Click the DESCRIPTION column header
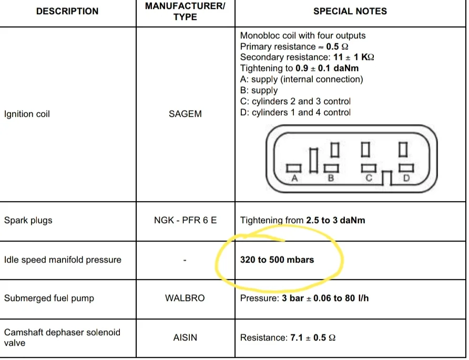tap(67, 11)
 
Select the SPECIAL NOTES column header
tap(350, 11)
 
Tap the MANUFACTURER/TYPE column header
tap(185, 11)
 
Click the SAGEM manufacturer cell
tap(185, 114)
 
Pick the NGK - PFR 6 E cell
tap(185, 220)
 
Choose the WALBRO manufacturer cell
tap(185, 298)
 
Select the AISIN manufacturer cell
tap(185, 337)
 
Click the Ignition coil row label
tap(27, 114)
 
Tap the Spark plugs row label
tap(28, 221)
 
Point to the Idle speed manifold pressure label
tap(63, 259)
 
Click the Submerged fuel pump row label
tap(49, 298)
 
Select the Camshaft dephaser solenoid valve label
tap(62, 337)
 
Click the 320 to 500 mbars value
tap(277, 259)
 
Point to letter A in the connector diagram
tap(294, 178)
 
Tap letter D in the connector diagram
tap(406, 178)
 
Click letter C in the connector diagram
tap(369, 178)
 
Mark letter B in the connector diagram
tap(331, 178)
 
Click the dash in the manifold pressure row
tap(185, 261)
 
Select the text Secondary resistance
tap(284, 57)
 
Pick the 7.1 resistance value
tap(297, 337)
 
